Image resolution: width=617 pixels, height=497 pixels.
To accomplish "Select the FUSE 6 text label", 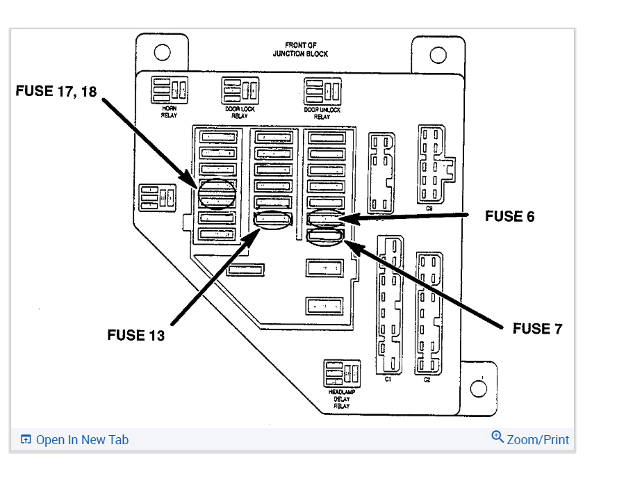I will point(509,216).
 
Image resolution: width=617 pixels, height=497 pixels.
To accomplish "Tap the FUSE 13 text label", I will point(136,335).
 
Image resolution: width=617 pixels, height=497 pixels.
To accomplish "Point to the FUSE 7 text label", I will point(537,328).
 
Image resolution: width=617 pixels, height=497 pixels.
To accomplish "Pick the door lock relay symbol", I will point(240,90).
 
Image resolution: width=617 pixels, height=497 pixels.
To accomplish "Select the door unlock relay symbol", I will point(322,91).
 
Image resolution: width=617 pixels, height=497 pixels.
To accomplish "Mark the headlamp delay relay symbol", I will point(341,375).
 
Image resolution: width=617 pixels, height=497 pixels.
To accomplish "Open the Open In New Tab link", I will point(75,439).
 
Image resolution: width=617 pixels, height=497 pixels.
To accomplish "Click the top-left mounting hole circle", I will point(162,52).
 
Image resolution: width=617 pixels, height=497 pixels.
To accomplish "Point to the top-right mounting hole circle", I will point(438,54).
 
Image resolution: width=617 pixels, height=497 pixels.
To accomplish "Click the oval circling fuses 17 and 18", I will point(216,193).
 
